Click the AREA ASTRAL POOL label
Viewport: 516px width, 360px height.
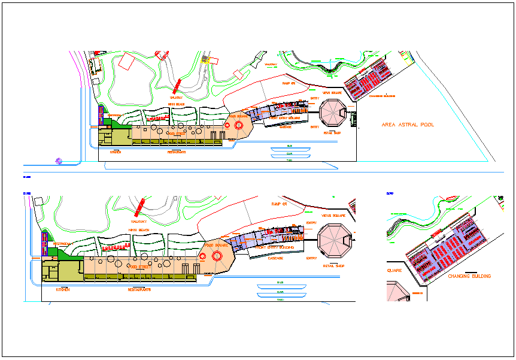pos(408,125)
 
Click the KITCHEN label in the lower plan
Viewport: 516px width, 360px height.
pos(63,289)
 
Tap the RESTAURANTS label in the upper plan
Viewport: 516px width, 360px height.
pos(176,152)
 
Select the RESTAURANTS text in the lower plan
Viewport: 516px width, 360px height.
pos(139,289)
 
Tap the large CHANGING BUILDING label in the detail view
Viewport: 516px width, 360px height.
pos(469,276)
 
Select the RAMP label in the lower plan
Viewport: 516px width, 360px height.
pos(280,204)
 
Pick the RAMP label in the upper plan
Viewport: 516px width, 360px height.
pos(289,84)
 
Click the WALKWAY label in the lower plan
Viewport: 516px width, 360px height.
pos(138,221)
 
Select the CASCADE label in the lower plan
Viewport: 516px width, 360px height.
pos(276,258)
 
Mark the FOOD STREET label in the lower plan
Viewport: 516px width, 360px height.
pos(138,266)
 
